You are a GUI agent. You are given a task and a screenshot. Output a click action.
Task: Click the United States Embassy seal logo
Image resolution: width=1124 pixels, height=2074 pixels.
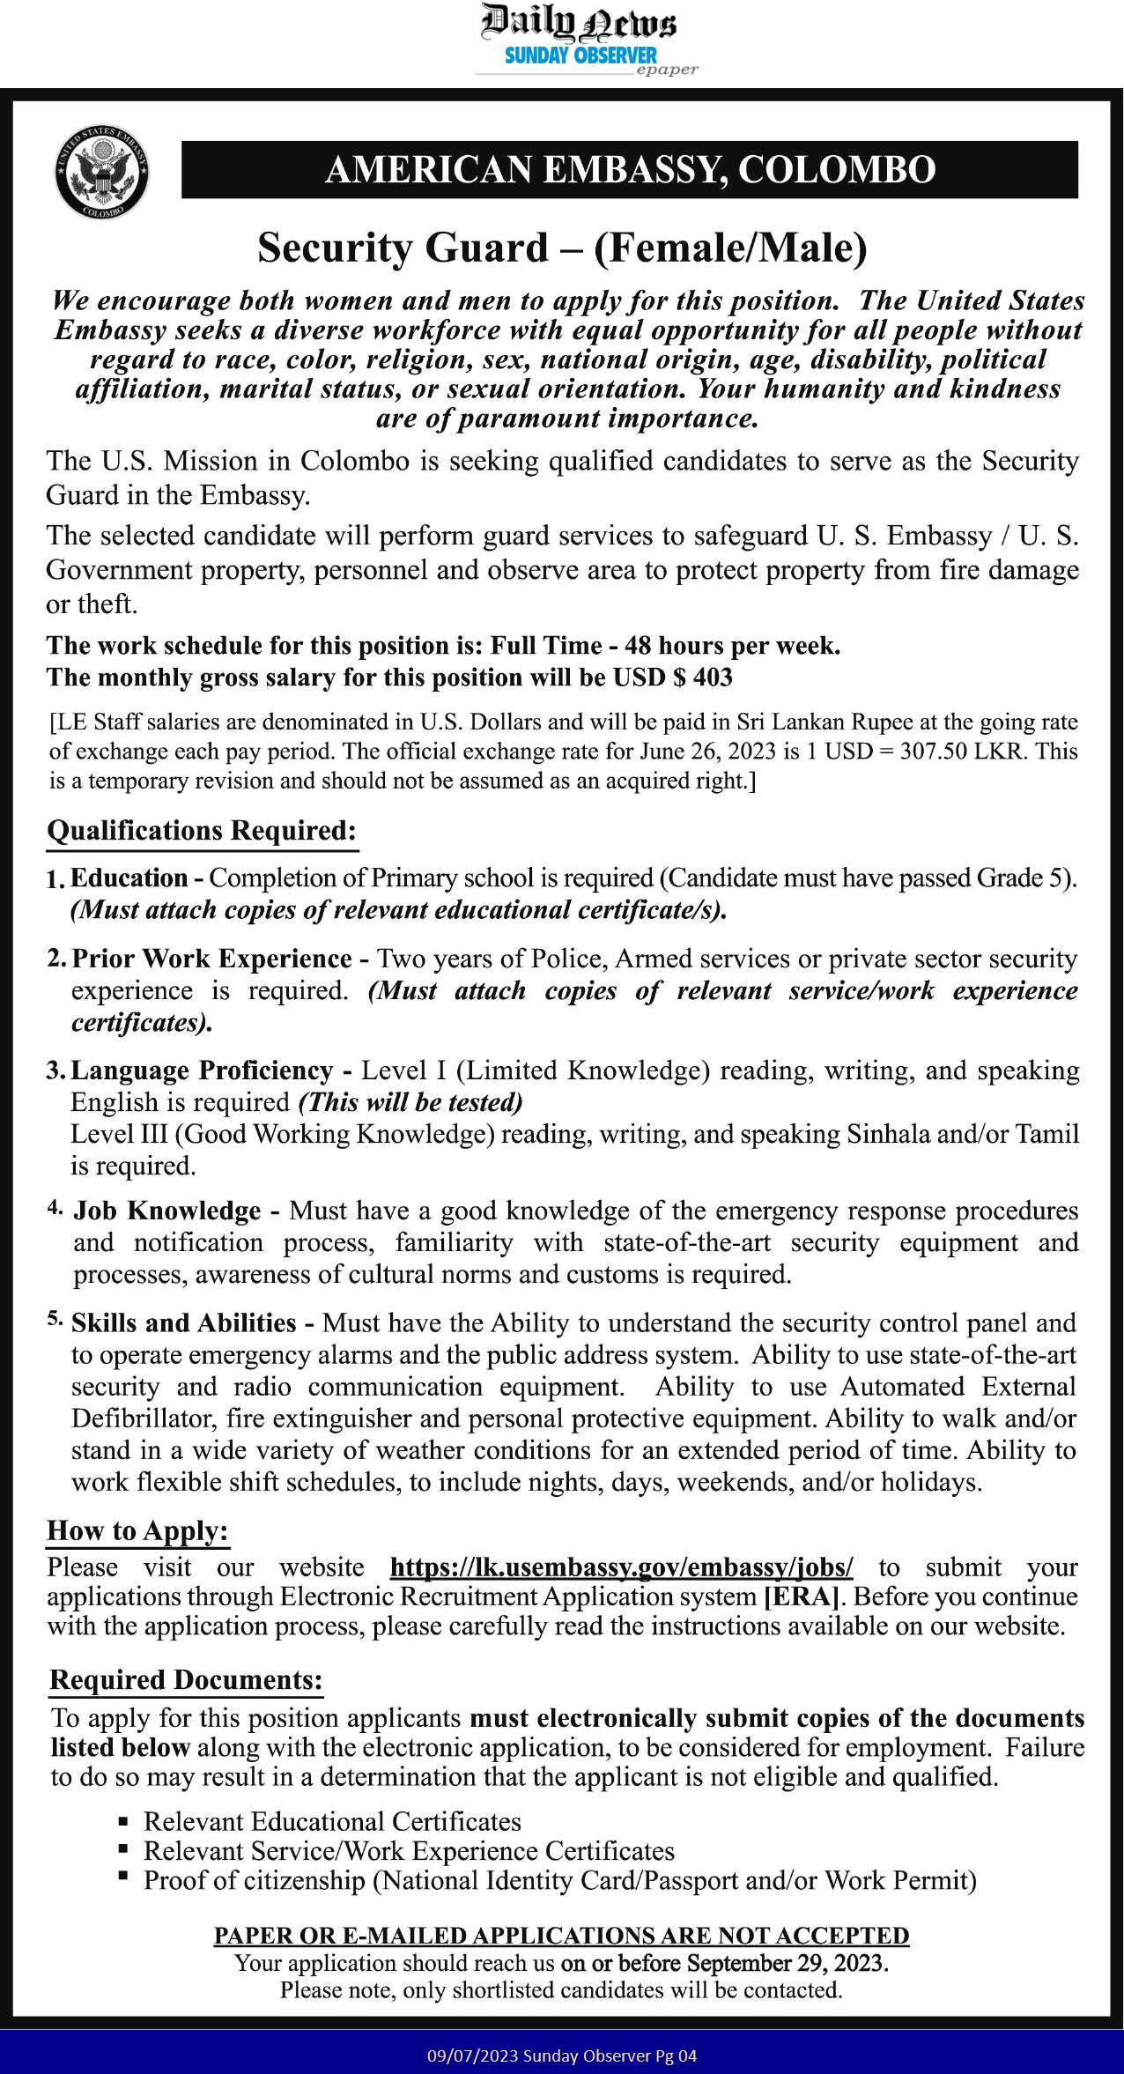pyautogui.click(x=101, y=172)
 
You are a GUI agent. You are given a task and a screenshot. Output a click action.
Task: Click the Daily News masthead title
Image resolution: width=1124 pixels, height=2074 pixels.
pyautogui.click(x=578, y=23)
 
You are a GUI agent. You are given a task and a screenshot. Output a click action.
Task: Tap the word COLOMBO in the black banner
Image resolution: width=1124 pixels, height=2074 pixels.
pyautogui.click(x=836, y=170)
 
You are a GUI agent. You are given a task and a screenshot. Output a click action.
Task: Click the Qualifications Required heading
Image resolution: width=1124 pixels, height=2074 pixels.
pyautogui.click(x=202, y=831)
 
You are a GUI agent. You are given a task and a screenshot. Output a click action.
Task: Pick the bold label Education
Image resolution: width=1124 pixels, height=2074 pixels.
pyautogui.click(x=129, y=878)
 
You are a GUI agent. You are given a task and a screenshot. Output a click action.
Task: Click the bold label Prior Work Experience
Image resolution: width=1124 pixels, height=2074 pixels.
pyautogui.click(x=211, y=959)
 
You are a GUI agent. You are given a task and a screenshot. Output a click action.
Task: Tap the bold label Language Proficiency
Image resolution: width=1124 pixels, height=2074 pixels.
pyautogui.click(x=202, y=1070)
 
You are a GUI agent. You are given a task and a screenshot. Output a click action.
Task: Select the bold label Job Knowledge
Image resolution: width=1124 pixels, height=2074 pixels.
pyautogui.click(x=166, y=1211)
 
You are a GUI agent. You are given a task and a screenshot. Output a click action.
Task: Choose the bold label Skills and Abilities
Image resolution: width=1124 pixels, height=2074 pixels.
pyautogui.click(x=183, y=1323)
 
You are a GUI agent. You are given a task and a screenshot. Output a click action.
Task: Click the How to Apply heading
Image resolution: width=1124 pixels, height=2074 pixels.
pyautogui.click(x=137, y=1530)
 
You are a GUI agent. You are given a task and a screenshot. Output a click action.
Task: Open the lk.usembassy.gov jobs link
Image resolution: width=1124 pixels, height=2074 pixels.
pyautogui.click(x=621, y=1567)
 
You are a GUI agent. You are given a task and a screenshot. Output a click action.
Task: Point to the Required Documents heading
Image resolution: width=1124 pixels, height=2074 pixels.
pyautogui.click(x=186, y=1680)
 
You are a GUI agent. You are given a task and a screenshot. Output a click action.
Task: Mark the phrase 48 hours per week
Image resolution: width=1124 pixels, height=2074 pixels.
pyautogui.click(x=732, y=646)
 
